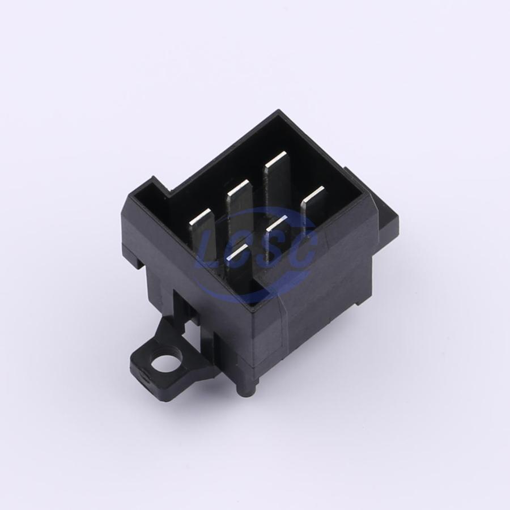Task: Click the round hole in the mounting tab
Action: [164, 362]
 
